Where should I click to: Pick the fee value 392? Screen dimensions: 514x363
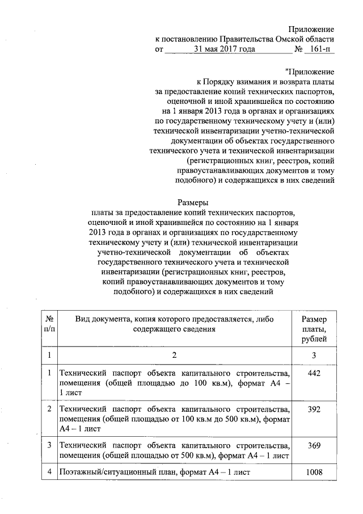(x=314, y=408)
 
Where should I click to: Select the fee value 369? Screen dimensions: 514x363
(x=314, y=445)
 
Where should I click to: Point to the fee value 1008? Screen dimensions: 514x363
(x=314, y=473)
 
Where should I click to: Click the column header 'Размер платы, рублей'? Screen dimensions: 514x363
(x=314, y=329)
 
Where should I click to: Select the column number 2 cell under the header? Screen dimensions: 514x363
(x=175, y=355)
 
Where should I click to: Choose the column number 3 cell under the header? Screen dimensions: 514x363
(x=314, y=355)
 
